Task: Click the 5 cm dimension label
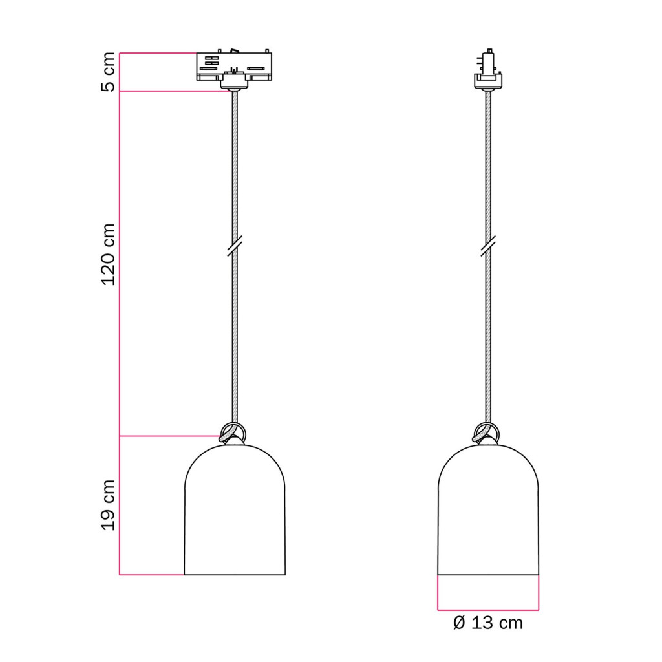[108, 72]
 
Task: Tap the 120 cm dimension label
[108, 255]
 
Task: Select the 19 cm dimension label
[108, 505]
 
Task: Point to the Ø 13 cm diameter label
[488, 623]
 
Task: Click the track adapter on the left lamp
[234, 70]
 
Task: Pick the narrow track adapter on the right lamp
[489, 69]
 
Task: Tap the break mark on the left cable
[234, 246]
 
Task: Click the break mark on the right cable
[488, 246]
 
